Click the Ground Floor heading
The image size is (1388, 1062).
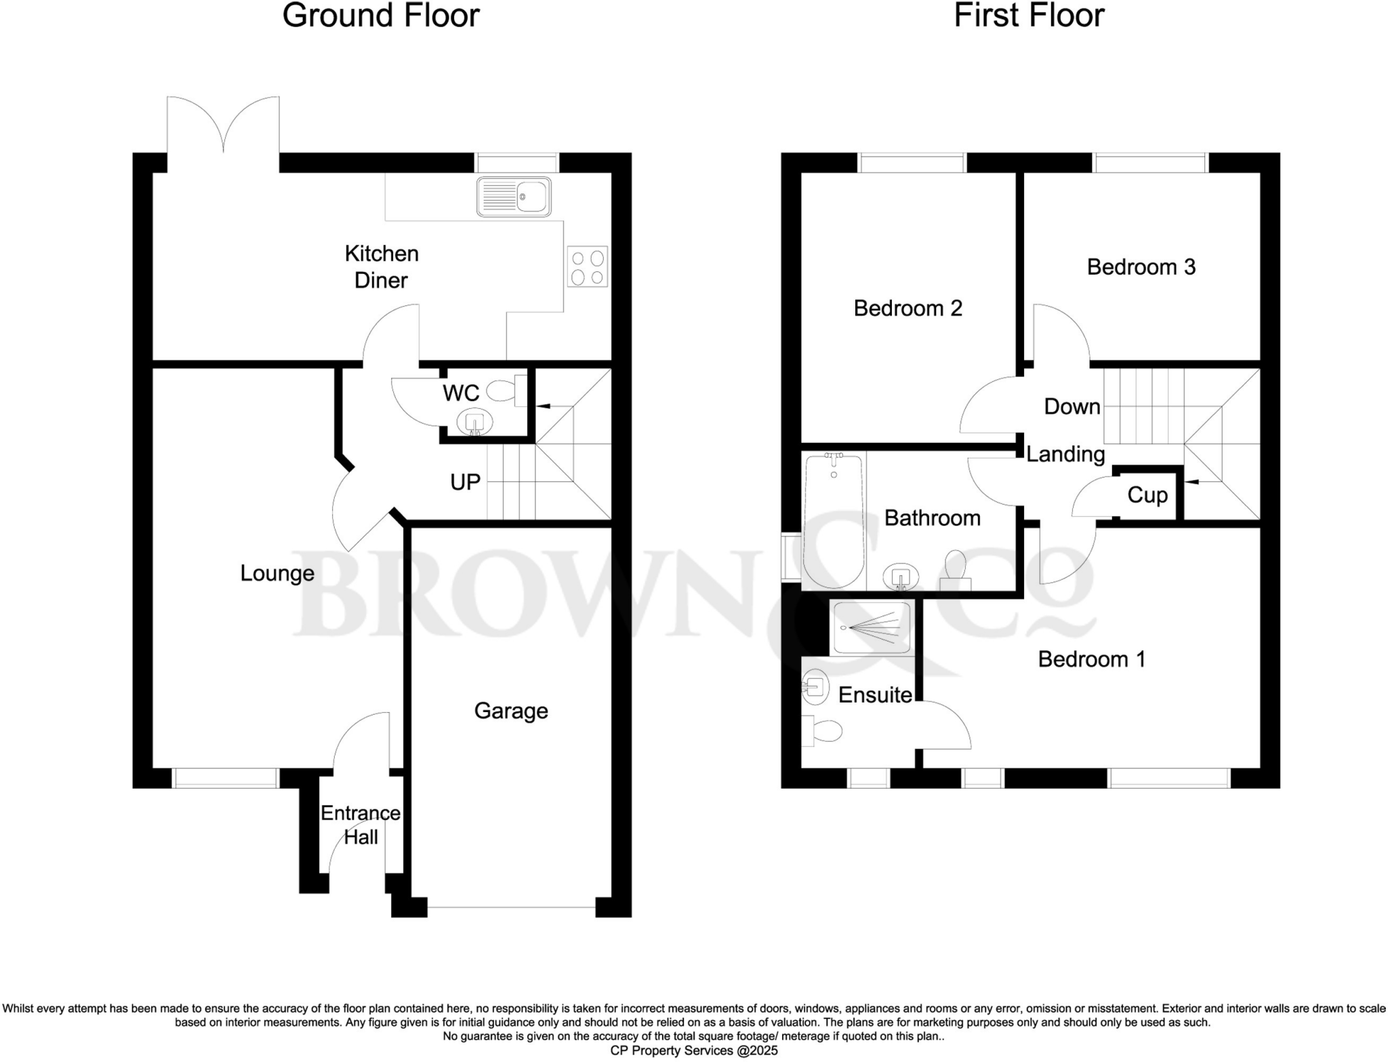381,16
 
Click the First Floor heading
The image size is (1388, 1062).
1029,16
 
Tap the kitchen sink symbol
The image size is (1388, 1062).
513,197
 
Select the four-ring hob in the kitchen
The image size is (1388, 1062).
588,267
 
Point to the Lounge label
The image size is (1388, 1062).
277,574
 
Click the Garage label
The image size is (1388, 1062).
511,711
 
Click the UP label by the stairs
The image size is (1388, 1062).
465,482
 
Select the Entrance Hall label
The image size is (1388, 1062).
360,825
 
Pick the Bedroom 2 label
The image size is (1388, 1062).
907,309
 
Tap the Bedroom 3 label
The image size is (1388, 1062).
1141,267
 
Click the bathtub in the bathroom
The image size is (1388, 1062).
833,520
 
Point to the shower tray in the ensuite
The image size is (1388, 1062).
872,628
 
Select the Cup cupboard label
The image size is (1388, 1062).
1147,495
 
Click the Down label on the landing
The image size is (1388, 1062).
1071,407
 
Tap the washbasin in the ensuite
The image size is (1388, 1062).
815,687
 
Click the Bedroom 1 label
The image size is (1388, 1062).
1091,659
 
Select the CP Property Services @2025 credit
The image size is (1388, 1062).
694,1050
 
